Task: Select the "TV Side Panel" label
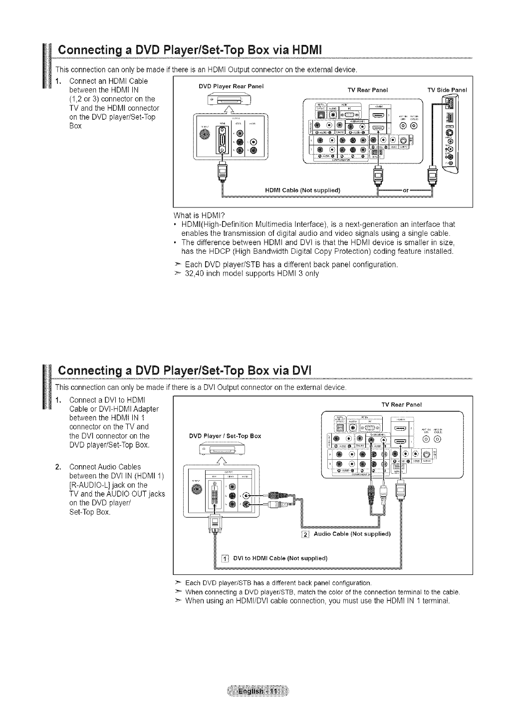[x=447, y=90]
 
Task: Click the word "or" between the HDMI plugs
[x=406, y=190]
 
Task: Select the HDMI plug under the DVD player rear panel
[x=221, y=175]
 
